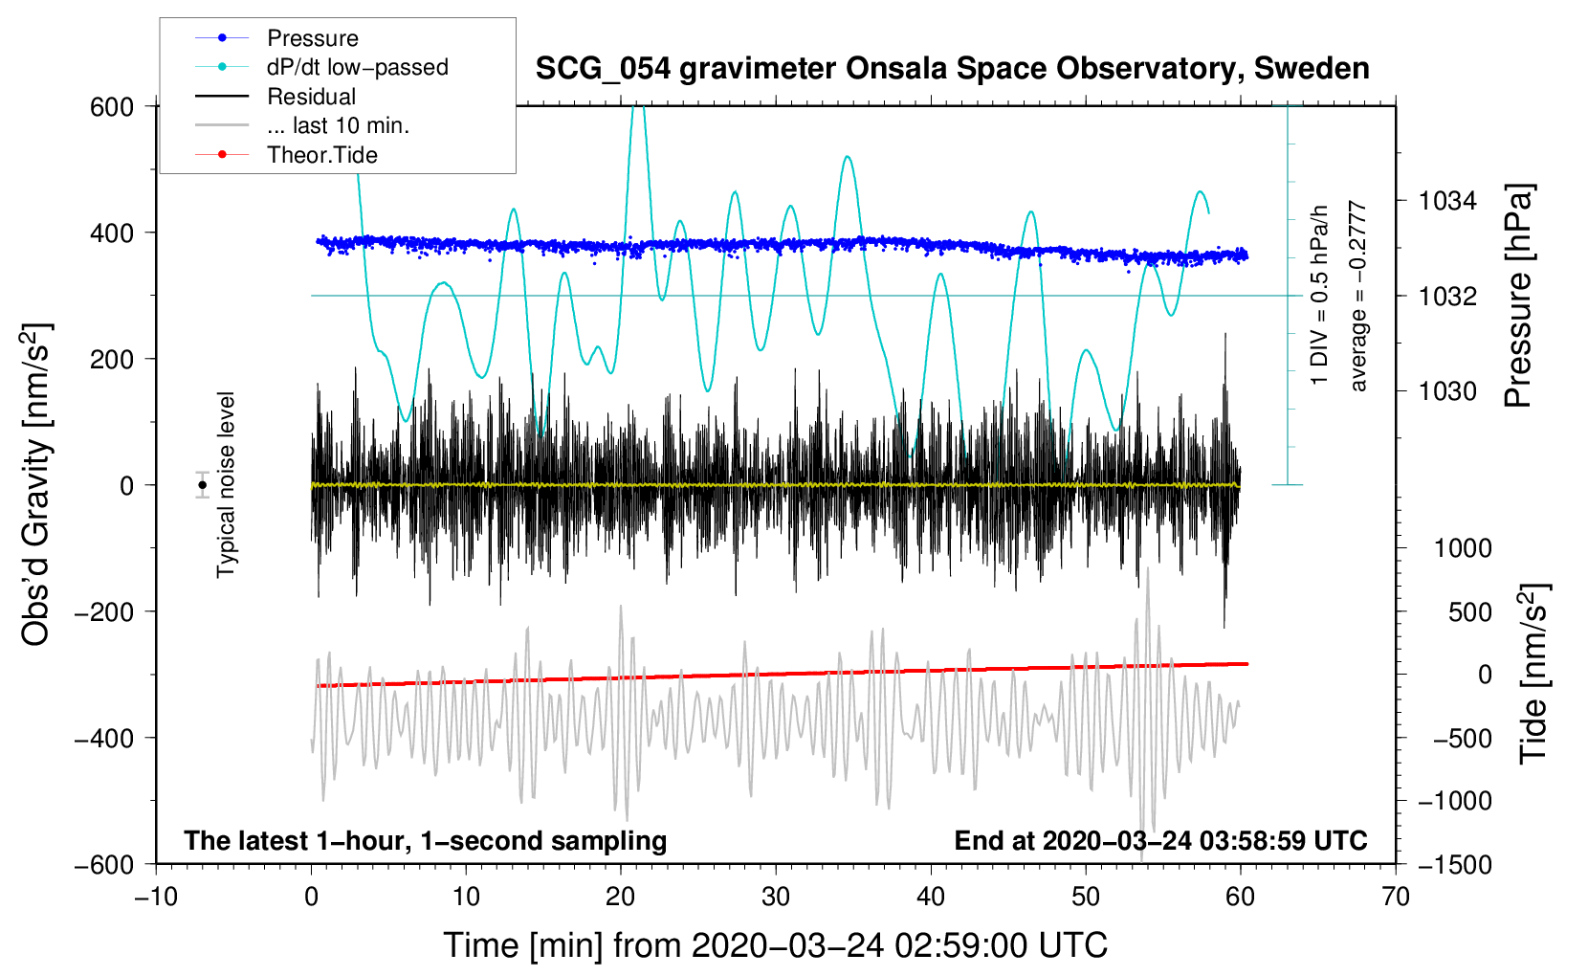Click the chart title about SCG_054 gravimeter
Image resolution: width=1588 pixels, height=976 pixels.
point(952,69)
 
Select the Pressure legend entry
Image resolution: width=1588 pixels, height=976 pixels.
point(312,38)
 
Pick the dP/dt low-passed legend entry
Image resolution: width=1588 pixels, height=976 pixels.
point(357,67)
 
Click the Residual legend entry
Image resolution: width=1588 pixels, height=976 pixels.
point(311,97)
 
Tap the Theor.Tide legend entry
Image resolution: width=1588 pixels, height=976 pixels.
point(321,155)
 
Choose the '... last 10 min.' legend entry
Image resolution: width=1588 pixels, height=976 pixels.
point(338,125)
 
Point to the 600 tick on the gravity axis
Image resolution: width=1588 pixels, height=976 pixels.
point(112,106)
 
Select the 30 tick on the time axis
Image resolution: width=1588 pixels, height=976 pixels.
point(776,897)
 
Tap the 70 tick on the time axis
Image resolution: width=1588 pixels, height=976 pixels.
point(1396,897)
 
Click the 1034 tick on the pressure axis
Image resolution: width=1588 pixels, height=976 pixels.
point(1447,201)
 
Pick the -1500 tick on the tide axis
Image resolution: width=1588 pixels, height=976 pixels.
point(1454,864)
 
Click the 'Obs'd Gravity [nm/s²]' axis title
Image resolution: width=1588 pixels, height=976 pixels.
point(36,485)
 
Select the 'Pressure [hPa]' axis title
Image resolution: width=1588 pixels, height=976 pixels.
point(1518,296)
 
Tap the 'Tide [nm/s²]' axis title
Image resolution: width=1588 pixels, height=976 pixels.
point(1533,674)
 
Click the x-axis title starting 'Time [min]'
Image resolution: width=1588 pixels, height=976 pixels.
point(776,945)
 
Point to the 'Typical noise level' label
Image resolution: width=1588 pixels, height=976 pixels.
point(226,485)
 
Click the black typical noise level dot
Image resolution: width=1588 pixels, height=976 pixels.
point(202,485)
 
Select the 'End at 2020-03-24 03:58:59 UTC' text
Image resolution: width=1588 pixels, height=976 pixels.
point(1160,841)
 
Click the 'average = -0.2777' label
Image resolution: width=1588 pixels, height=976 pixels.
point(1358,296)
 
